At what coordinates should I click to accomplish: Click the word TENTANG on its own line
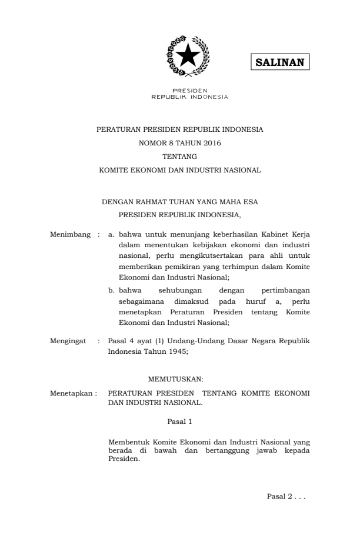point(179,157)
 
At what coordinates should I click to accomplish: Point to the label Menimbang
point(71,235)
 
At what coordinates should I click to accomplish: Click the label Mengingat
point(69,341)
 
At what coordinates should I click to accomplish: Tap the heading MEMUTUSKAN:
point(180,379)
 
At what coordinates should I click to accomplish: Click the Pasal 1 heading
point(180,421)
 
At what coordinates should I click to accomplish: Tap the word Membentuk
point(129,442)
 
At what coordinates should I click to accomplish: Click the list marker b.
point(111,290)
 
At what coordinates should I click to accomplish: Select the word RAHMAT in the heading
point(151,202)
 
